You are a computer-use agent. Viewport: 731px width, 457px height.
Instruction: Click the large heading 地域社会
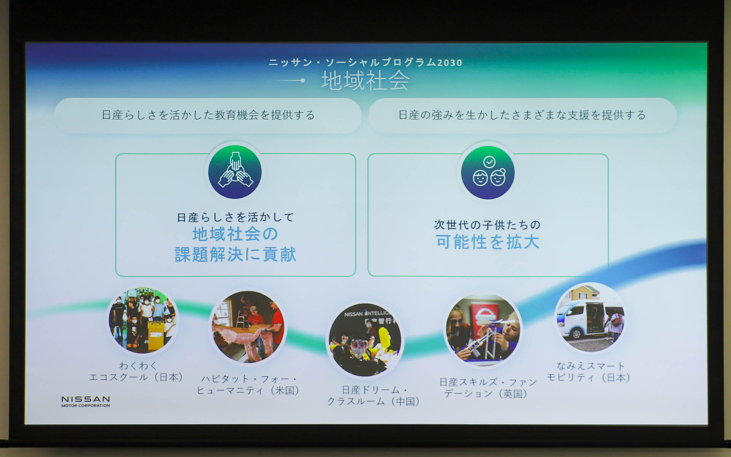[x=365, y=81]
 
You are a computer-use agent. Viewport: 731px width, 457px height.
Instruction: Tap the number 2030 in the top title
[x=449, y=63]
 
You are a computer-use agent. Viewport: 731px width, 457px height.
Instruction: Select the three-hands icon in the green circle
[x=235, y=172]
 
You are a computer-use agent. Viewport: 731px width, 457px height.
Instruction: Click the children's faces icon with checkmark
[x=488, y=173]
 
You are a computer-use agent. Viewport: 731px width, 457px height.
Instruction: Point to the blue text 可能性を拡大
[x=487, y=242]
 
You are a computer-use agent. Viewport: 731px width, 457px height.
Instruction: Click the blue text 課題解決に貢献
[x=235, y=254]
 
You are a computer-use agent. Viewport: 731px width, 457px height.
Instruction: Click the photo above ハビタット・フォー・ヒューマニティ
[x=248, y=327]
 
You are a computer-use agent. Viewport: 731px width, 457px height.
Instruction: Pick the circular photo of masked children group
[x=143, y=320]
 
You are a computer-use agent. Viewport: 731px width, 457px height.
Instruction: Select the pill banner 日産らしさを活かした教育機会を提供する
[x=208, y=115]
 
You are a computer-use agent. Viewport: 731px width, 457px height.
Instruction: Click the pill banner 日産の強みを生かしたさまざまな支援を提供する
[x=522, y=115]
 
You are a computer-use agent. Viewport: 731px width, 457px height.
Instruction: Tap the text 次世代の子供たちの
[x=487, y=225]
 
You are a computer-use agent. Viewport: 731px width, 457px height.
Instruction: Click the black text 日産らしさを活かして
[x=235, y=217]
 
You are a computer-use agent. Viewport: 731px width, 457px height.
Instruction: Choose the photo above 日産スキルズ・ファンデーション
[x=484, y=330]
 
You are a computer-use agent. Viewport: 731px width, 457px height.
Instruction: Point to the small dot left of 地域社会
[x=302, y=80]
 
